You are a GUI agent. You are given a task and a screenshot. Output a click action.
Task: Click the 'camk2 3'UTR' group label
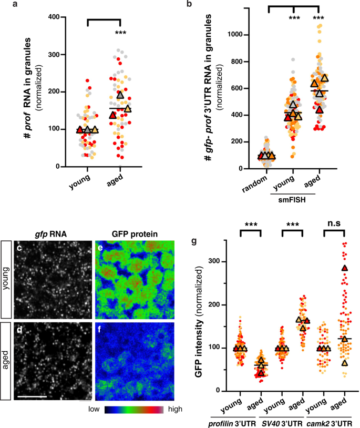coord(328,420)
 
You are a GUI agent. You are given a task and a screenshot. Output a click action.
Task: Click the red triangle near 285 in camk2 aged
coord(344,269)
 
